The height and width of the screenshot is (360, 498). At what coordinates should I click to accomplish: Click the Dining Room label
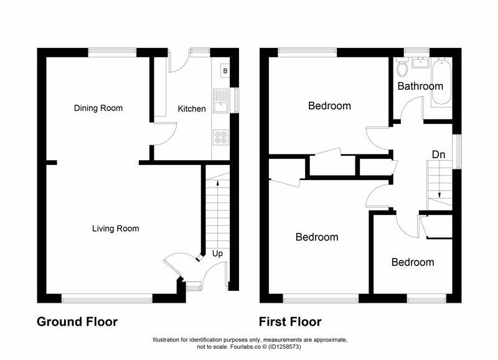coord(98,108)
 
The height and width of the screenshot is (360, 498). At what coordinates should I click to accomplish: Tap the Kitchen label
coord(192,109)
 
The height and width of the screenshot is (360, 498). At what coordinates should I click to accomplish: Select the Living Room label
coord(115,229)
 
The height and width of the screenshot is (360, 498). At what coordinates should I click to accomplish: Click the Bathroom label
coord(420,86)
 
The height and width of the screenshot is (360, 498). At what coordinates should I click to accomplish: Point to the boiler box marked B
coord(223,71)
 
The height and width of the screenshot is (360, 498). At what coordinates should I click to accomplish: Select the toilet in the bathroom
coord(402,65)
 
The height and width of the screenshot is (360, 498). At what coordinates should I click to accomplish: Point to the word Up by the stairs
coord(218,253)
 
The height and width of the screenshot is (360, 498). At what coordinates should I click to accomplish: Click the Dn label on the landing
coord(438,153)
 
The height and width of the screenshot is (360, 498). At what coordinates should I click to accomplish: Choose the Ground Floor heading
coord(77,322)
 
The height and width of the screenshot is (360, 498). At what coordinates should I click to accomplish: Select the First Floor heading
coord(291,322)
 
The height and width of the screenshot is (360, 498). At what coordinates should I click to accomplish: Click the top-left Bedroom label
coord(329,106)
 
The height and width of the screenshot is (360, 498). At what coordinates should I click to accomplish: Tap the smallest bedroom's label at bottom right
coord(412,262)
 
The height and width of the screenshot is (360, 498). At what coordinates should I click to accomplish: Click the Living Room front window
coord(106,298)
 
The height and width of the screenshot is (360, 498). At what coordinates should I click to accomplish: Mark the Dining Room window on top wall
coord(112,52)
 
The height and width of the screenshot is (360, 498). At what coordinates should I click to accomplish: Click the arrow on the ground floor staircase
coord(217,181)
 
